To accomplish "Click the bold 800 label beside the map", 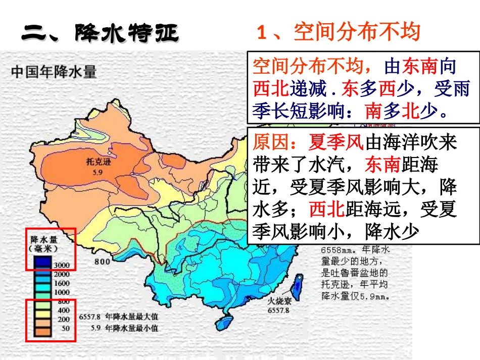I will (x=102, y=261).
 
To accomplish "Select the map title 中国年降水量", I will (x=54, y=72).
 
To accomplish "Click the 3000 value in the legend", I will (x=62, y=265).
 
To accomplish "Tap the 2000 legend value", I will (x=62, y=274).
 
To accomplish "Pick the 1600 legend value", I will (x=62, y=283).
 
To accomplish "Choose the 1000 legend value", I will (x=62, y=292).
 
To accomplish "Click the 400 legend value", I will (x=63, y=310).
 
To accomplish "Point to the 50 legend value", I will (x=65, y=328).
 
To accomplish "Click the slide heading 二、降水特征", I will (x=101, y=33).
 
